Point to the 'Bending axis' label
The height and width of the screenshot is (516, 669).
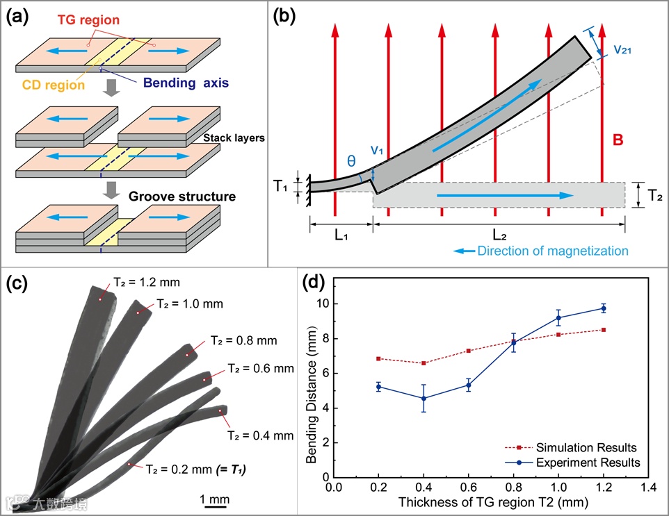[x=186, y=83]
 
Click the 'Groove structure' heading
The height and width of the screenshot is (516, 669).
[x=182, y=197]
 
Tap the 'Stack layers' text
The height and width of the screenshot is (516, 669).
[x=234, y=138]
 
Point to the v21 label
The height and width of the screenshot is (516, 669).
[x=622, y=50]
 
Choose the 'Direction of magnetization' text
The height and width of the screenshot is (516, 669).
[x=553, y=250]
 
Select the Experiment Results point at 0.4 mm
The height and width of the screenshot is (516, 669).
[x=423, y=398]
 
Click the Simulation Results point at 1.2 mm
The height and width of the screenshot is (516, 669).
[x=604, y=330]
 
